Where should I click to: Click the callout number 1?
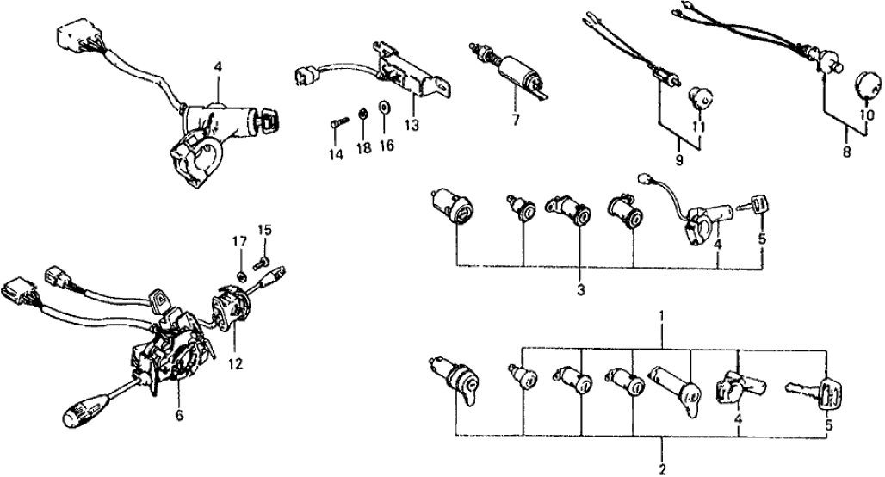coord(660,317)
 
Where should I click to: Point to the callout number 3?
coord(580,290)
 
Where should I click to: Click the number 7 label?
coord(515,119)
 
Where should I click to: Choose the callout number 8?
coord(846,152)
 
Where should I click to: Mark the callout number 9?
coord(679,161)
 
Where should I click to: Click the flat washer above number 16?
coord(384,113)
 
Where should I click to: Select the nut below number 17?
coord(244,276)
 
